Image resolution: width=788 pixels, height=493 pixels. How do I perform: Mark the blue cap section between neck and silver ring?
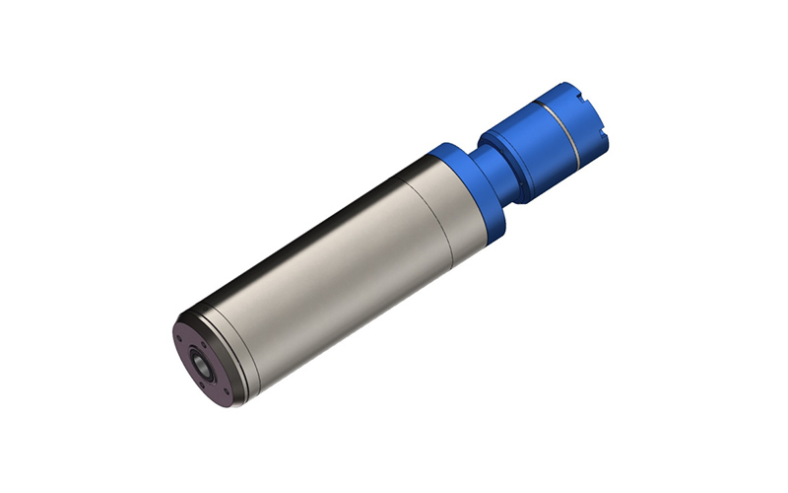coord(533,148)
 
